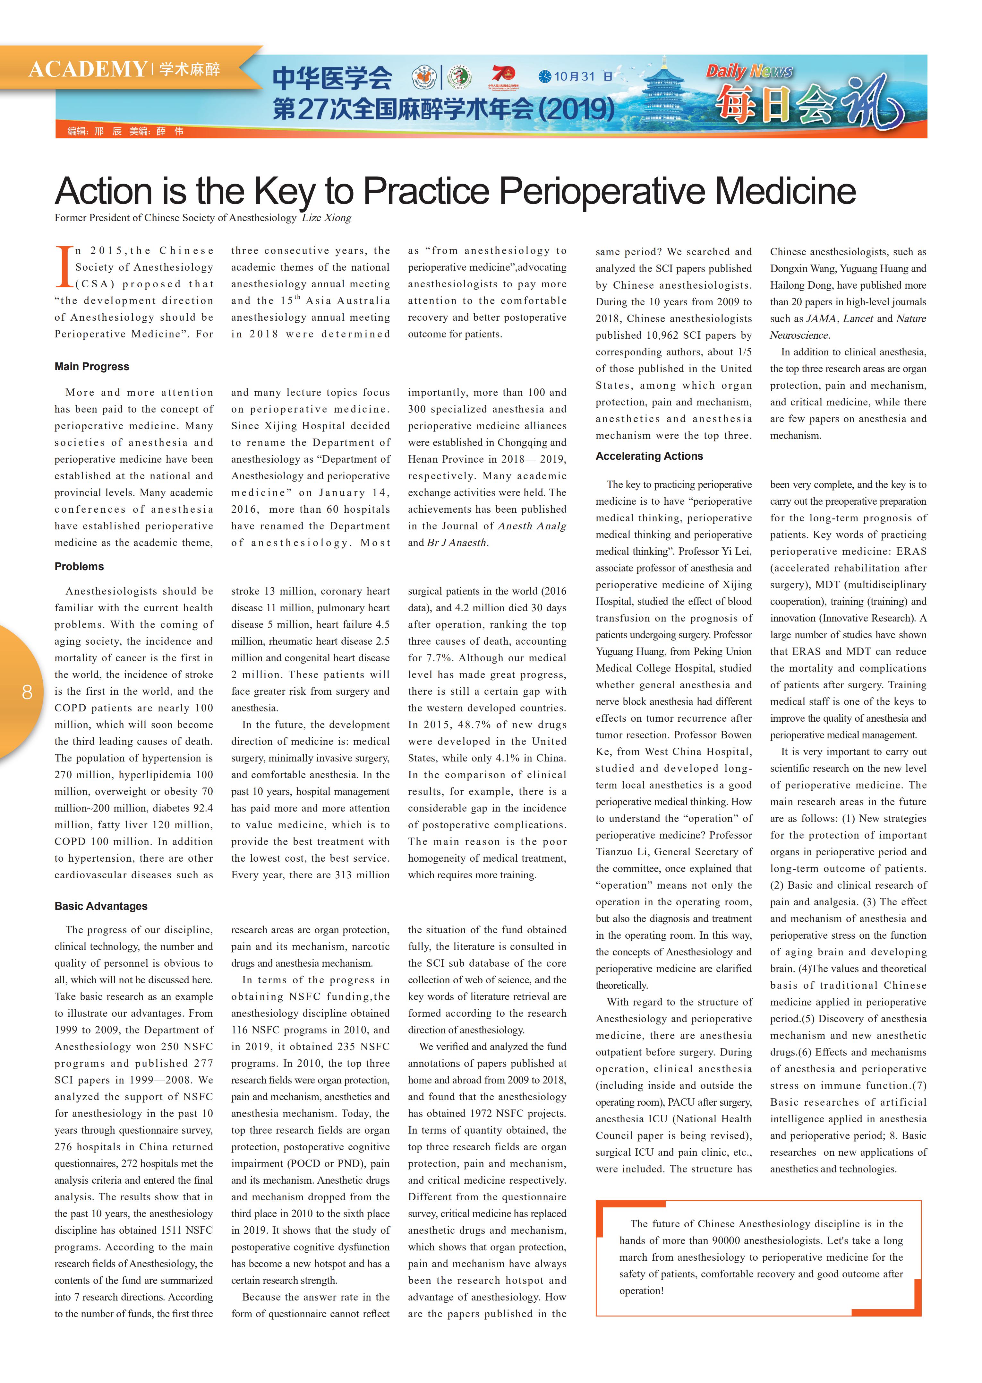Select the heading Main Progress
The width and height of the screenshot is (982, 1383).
pos(92,367)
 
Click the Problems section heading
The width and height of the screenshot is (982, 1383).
pos(79,566)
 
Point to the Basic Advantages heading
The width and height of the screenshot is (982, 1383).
pos(101,906)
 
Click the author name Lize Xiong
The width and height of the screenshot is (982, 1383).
pos(327,218)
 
